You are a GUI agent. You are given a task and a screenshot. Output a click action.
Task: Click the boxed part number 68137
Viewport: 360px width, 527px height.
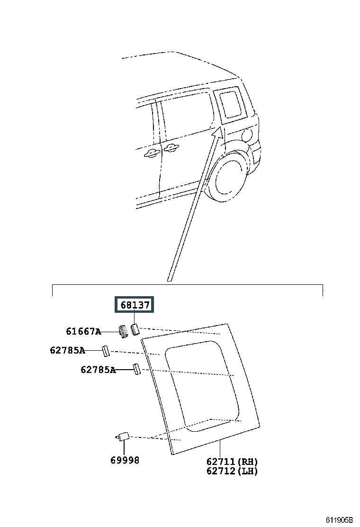pos(135,305)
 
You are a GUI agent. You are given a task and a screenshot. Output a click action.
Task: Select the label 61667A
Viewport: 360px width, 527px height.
pos(83,332)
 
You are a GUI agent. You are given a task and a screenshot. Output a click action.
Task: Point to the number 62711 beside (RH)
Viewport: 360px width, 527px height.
pos(221,462)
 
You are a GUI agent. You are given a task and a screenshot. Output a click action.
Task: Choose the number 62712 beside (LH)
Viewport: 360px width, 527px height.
pos(221,471)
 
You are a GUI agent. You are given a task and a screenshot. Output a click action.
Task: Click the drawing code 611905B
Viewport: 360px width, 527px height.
pos(339,520)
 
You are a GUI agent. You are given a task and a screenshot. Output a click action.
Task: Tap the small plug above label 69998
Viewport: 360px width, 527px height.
pos(124,436)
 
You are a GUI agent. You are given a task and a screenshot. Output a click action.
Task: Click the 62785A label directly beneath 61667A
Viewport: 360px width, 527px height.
pos(67,351)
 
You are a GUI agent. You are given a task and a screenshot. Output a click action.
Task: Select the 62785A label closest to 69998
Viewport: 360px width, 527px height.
pos(98,370)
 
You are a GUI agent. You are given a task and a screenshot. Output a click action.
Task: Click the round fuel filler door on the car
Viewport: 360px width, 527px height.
pos(246,136)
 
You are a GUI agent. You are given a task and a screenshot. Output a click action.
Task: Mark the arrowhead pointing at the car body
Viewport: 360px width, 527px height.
pos(217,132)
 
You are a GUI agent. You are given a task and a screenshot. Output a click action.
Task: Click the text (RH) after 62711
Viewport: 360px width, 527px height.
pos(247,462)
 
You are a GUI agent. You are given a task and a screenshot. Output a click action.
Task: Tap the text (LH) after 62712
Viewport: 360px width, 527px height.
pos(247,471)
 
